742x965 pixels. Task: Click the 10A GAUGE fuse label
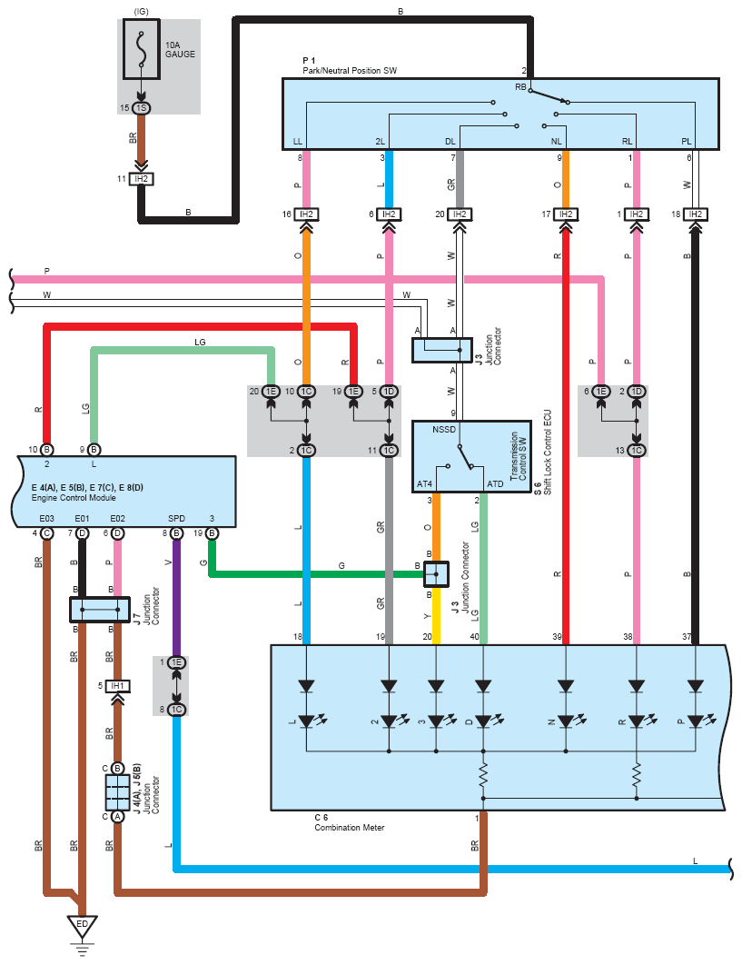pyautogui.click(x=180, y=49)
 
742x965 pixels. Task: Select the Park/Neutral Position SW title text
pyautogui.click(x=350, y=70)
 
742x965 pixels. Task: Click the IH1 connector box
pyautogui.click(x=116, y=686)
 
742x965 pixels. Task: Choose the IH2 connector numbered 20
pyautogui.click(x=460, y=214)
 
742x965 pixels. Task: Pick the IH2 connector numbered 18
pyautogui.click(x=696, y=214)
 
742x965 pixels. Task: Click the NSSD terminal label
pyautogui.click(x=445, y=429)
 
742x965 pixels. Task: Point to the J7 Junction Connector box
pyautogui.click(x=100, y=610)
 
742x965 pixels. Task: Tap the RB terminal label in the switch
pyautogui.click(x=521, y=87)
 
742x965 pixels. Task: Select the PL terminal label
pyautogui.click(x=688, y=142)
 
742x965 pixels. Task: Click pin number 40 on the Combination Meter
pyautogui.click(x=475, y=637)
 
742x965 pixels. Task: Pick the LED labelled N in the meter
pyautogui.click(x=567, y=721)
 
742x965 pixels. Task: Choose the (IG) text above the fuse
pyautogui.click(x=142, y=11)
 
